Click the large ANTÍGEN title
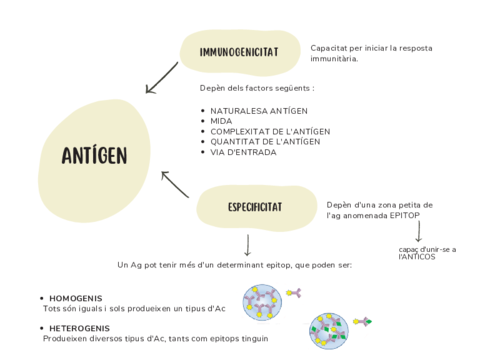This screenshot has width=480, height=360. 94,155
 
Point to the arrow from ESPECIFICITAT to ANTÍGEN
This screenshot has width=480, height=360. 175,184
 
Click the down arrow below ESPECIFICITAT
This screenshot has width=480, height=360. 247,245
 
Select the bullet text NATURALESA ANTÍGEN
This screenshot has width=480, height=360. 258,110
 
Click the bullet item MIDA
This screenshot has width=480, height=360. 221,120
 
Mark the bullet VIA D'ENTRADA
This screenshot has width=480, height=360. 244,152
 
